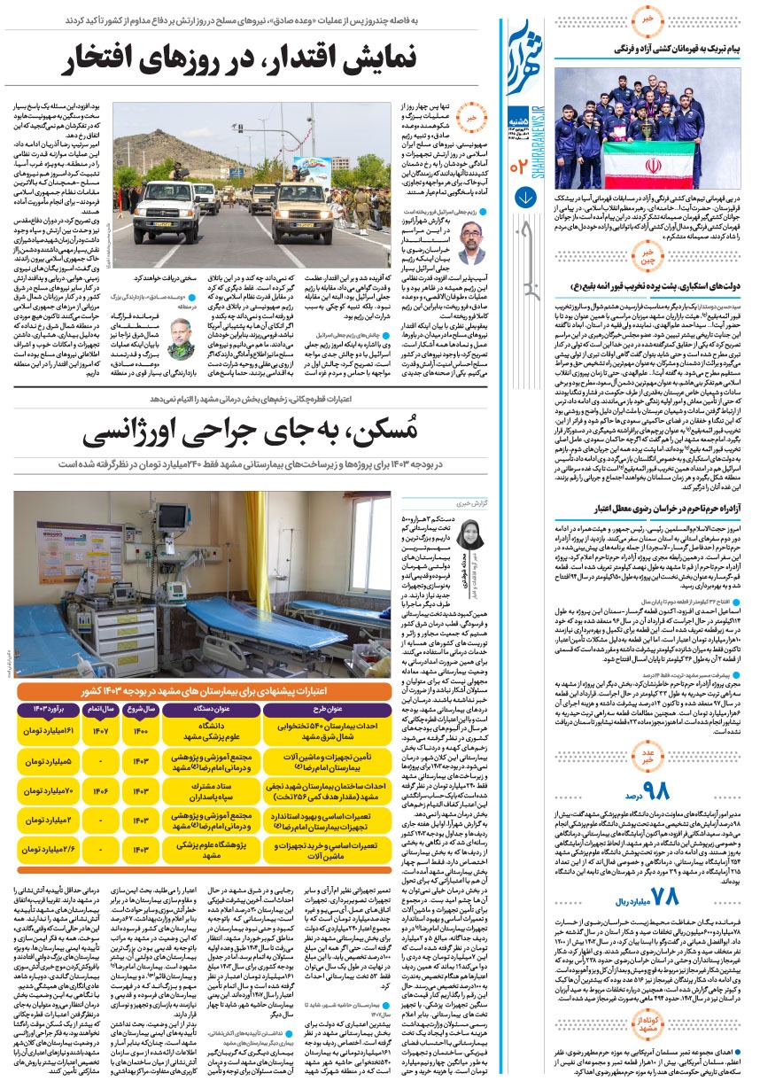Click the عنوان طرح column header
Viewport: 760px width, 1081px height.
point(324,709)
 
